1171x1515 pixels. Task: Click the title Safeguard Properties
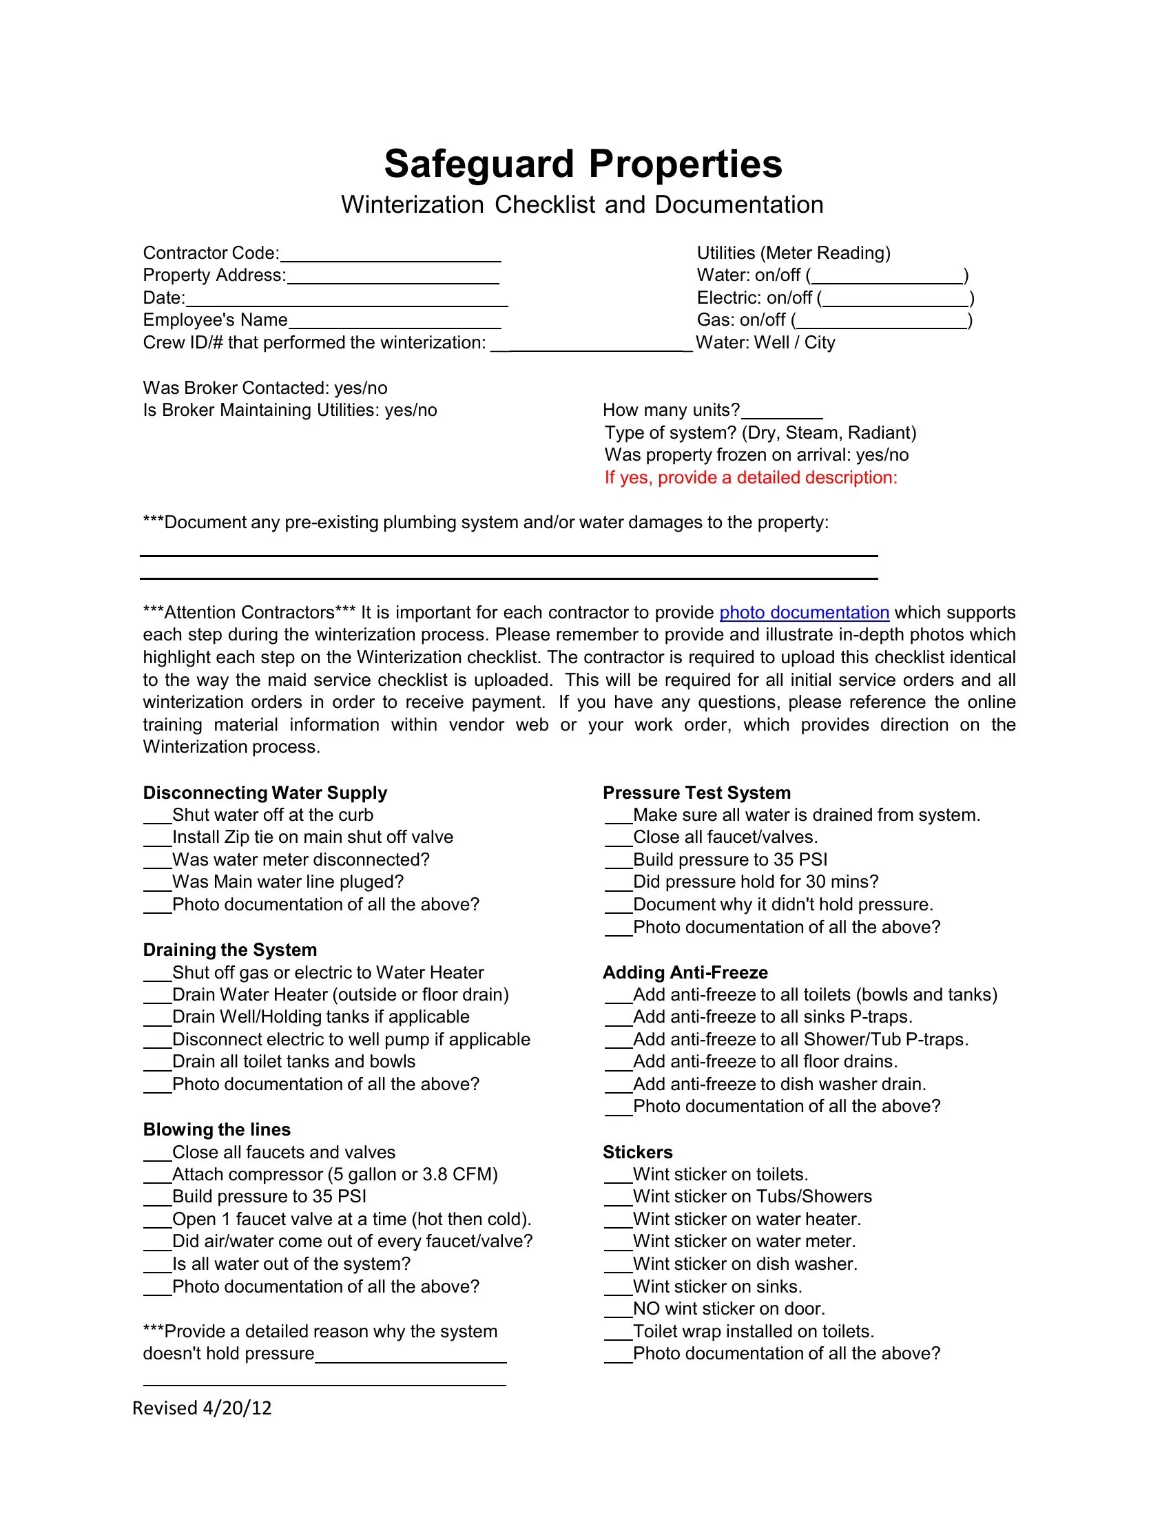coord(583,165)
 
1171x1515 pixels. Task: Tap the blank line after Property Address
coord(393,278)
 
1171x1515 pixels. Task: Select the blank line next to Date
coord(347,300)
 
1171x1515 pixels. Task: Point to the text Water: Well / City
coord(765,343)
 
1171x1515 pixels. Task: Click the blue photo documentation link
coord(804,612)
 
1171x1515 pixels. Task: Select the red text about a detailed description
coord(751,478)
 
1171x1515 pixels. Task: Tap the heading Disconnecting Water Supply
coord(265,793)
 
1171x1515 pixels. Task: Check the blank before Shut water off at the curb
coord(158,817)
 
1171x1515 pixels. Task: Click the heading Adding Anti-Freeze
coord(685,972)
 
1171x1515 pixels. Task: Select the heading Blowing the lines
coord(216,1130)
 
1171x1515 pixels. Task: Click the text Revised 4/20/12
coord(202,1408)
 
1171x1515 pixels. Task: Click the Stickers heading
coord(638,1152)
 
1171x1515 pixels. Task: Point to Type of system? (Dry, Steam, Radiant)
coord(760,433)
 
